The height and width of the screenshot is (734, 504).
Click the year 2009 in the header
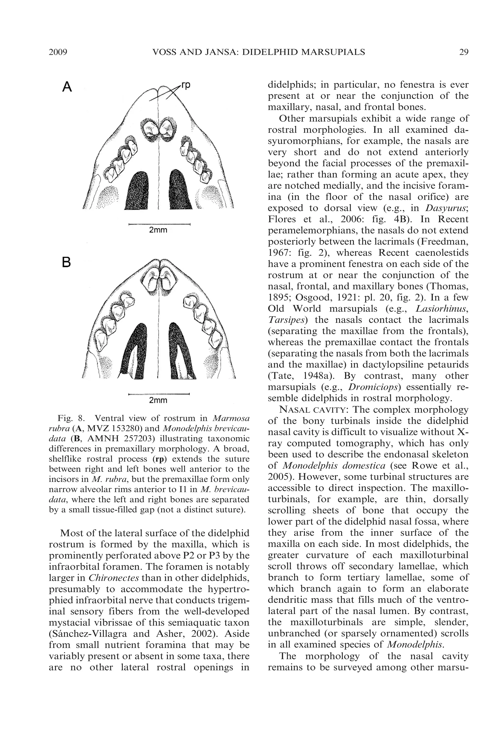[x=58, y=52]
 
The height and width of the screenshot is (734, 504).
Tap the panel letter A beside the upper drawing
[x=67, y=87]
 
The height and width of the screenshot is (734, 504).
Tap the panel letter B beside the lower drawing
[x=66, y=262]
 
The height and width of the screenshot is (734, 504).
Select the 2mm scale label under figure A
[x=158, y=230]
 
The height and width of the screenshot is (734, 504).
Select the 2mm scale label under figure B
[x=158, y=400]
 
